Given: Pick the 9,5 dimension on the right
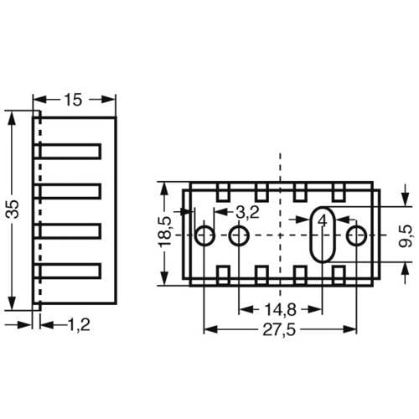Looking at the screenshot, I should (405, 235).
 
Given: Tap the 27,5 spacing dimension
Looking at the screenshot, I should (278, 330).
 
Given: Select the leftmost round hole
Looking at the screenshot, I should (204, 235).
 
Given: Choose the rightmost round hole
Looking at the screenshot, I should (356, 235).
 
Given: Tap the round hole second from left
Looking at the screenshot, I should (239, 235).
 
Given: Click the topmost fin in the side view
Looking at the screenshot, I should (70, 151).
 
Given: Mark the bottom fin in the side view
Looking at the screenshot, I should (70, 271).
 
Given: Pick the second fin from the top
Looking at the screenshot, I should (70, 191).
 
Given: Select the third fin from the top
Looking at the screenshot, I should (70, 230).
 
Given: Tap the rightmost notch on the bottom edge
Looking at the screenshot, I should (339, 274).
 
